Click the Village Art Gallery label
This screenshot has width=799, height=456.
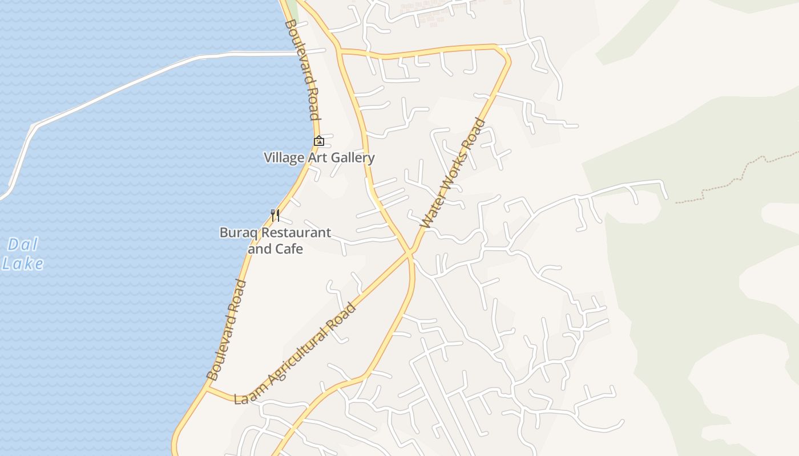pos(319,157)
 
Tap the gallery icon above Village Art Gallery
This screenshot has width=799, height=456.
pos(319,141)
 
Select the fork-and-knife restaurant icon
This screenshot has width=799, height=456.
pos(275,215)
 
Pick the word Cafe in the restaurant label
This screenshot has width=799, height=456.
pos(289,249)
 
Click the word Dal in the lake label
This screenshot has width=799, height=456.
pos(23,245)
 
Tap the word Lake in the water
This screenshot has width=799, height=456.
pos(23,264)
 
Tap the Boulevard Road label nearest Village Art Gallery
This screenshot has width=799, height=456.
pos(302,70)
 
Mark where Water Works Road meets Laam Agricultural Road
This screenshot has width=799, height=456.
pos(410,252)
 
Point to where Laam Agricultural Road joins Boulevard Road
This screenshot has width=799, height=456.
pos(208,389)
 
